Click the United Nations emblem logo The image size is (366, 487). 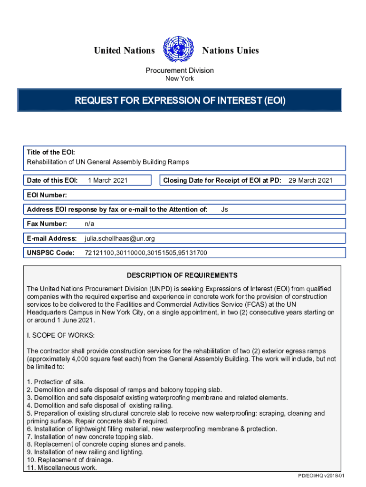pyautogui.click(x=179, y=50)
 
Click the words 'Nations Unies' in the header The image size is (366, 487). pyautogui.click(x=231, y=50)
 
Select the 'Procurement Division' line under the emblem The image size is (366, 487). pyautogui.click(x=180, y=70)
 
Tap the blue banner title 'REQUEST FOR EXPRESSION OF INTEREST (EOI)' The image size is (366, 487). pyautogui.click(x=180, y=100)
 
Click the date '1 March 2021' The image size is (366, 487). pyautogui.click(x=108, y=180)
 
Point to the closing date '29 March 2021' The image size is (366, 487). pyautogui.click(x=310, y=180)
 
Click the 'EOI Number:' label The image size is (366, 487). pyautogui.click(x=47, y=195)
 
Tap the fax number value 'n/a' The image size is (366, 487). pyautogui.click(x=89, y=224)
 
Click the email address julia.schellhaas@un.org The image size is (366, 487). pyautogui.click(x=119, y=238)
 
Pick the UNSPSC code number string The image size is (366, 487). pyautogui.click(x=145, y=253)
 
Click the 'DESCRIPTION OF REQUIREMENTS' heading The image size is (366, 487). pyautogui.click(x=182, y=275)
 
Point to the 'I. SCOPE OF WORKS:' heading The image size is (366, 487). pyautogui.click(x=60, y=335)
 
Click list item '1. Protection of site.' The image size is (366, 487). pyautogui.click(x=56, y=382)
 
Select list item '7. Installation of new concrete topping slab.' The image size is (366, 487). pyautogui.click(x=90, y=437)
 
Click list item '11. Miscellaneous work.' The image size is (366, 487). pyautogui.click(x=62, y=468)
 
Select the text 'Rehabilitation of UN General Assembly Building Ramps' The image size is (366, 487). pyautogui.click(x=108, y=162)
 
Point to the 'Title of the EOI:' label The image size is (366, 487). pyautogui.click(x=51, y=153)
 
